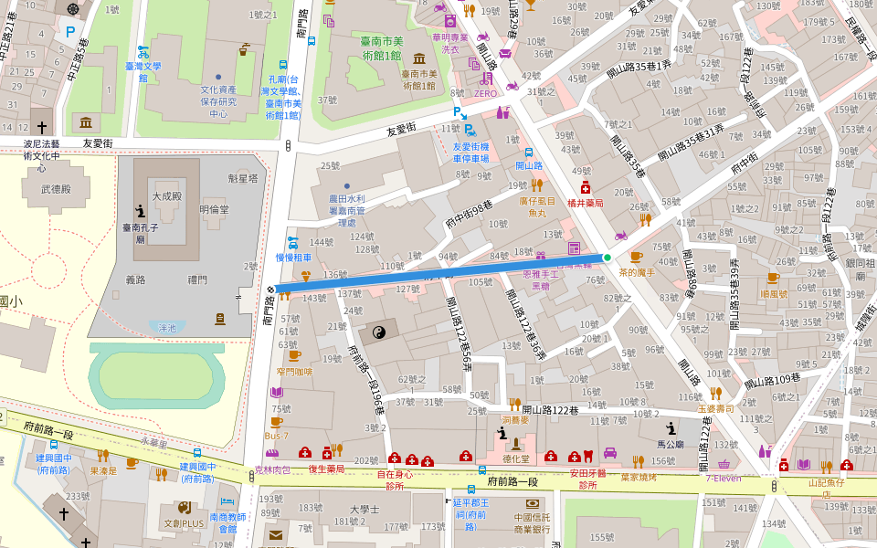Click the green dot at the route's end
coord(607,258)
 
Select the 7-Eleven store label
coord(722,478)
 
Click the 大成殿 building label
coord(168,196)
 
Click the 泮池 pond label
coord(167,327)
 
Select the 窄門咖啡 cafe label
coord(294,372)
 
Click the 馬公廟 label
coord(671,444)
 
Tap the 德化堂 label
coord(516,459)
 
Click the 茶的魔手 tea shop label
coord(639,272)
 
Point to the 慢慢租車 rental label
coord(293,258)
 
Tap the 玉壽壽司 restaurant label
coord(716,408)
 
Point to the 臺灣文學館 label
coord(143,71)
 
